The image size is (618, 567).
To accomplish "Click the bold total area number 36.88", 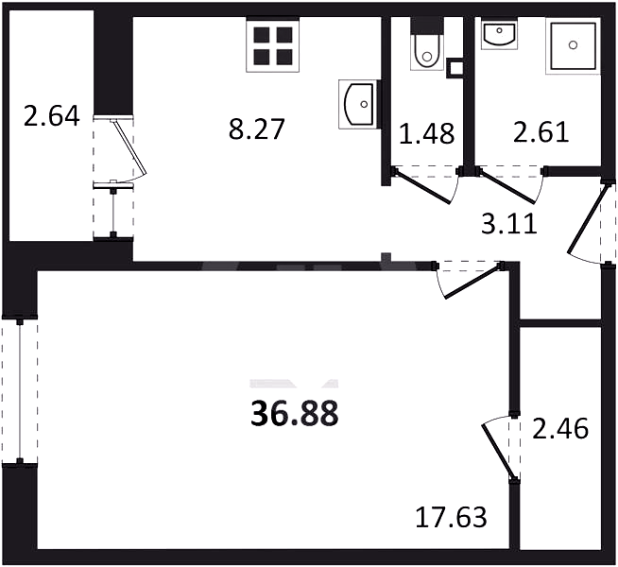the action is [x=295, y=414].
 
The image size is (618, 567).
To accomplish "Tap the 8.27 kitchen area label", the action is [x=256, y=130].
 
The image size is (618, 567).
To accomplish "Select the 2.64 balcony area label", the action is [x=52, y=116].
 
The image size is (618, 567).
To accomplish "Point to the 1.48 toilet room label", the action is [x=426, y=133].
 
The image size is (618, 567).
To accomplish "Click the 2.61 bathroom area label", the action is [x=541, y=132].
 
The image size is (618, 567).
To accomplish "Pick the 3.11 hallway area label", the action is [x=509, y=225].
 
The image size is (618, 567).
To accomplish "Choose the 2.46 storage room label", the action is [x=560, y=429].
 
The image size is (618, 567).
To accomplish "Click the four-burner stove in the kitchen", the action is [x=273, y=45].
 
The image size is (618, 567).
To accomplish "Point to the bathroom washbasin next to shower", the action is [x=499, y=33].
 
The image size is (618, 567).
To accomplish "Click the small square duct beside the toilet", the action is [x=455, y=69].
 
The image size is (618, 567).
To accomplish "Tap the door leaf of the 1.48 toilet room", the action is [x=421, y=187].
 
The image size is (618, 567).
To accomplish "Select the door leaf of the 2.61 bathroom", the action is [x=507, y=187].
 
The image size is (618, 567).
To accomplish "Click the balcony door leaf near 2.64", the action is [x=129, y=147].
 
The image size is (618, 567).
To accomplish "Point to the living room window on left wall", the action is [x=20, y=391].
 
